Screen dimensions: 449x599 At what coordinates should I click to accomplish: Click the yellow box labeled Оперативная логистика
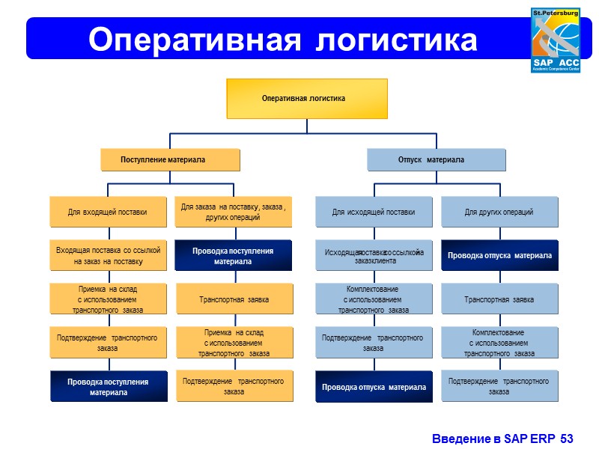click(307, 98)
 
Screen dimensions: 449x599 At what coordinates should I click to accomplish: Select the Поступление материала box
click(171, 160)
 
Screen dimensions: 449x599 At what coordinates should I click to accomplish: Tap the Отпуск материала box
click(436, 160)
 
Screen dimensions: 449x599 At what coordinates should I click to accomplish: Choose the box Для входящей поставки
click(108, 212)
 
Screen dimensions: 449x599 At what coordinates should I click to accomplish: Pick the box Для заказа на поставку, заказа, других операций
click(234, 212)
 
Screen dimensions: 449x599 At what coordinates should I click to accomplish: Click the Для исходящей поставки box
click(373, 212)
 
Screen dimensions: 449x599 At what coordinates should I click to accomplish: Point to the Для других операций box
click(499, 212)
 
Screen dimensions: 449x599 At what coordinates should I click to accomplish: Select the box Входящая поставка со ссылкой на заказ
click(108, 256)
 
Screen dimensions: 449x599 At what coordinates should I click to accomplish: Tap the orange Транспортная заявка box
click(234, 299)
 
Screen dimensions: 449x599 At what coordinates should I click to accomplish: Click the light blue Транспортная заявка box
click(499, 299)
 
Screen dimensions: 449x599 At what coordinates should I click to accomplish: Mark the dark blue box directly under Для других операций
click(499, 256)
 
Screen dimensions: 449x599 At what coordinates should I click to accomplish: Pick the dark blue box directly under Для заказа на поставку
click(234, 256)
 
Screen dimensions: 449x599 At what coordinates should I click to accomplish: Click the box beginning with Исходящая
click(373, 256)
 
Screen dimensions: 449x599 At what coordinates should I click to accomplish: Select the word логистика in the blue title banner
click(397, 40)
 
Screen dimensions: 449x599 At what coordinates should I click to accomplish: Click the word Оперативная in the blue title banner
click(193, 40)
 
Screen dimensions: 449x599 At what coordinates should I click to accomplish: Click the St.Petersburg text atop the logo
click(556, 13)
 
